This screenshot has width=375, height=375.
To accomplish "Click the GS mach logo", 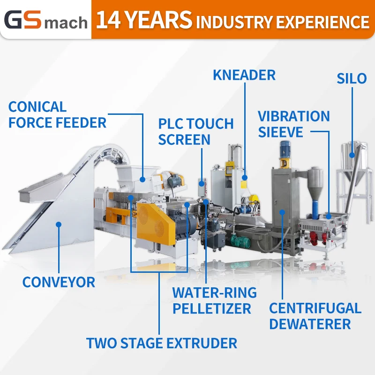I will pyautogui.click(x=45, y=20).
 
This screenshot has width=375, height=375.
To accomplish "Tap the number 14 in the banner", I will pyautogui.click(x=108, y=20).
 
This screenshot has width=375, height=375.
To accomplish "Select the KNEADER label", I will pyautogui.click(x=244, y=75).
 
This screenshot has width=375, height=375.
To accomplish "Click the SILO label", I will pyautogui.click(x=352, y=78).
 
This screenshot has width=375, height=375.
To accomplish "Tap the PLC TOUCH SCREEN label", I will pyautogui.click(x=195, y=132).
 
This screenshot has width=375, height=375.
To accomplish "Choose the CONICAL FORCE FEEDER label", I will pyautogui.click(x=57, y=115).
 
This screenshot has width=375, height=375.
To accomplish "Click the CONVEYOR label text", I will pyautogui.click(x=59, y=282).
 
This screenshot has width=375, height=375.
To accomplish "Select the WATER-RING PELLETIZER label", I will pyautogui.click(x=214, y=301).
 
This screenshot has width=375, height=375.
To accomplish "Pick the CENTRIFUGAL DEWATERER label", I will pyautogui.click(x=315, y=315).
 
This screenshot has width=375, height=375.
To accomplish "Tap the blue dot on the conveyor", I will pyautogui.click(x=59, y=225).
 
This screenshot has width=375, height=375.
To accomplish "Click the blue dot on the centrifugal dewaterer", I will pyautogui.click(x=282, y=212).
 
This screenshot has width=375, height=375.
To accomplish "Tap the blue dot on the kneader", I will pyautogui.click(x=244, y=178).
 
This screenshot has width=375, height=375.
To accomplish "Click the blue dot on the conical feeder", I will pyautogui.click(x=143, y=178).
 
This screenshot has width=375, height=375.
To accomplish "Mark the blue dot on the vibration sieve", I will pyautogui.click(x=328, y=216).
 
